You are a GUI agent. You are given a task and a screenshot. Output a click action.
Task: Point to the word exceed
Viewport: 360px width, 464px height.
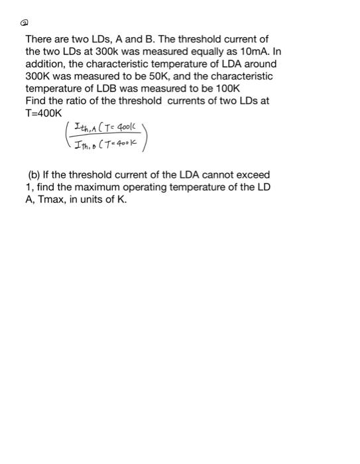pyautogui.click(x=253, y=174)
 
